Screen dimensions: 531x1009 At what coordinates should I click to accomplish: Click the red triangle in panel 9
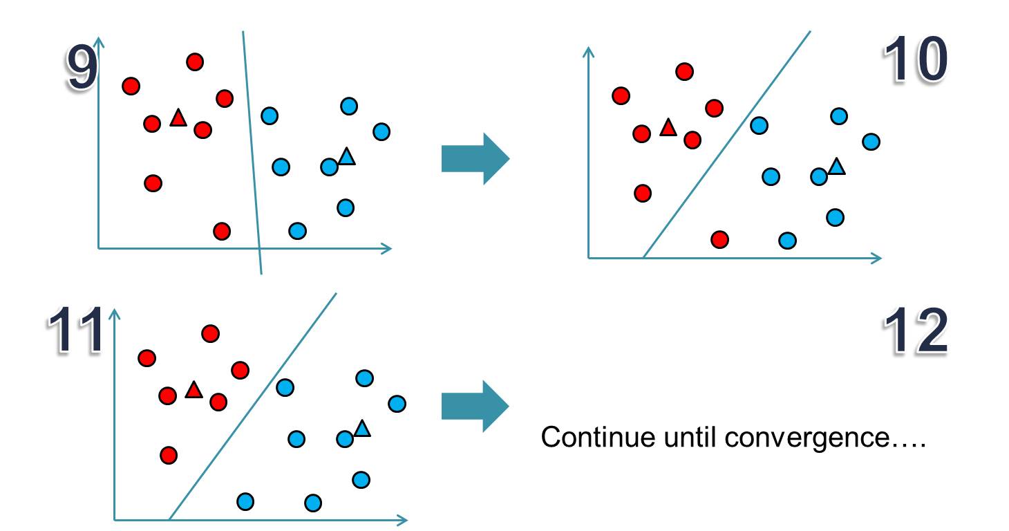click(178, 119)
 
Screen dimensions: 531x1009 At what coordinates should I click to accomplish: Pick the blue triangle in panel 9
click(347, 157)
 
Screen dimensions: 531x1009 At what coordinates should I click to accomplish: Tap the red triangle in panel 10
click(668, 128)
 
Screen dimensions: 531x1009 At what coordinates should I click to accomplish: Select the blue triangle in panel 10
click(836, 167)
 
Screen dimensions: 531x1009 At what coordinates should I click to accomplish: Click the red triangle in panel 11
click(193, 391)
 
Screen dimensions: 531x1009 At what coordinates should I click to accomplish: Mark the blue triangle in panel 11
click(362, 429)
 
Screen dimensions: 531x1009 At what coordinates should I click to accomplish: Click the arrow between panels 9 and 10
click(474, 159)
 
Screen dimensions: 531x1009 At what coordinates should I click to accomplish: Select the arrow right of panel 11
click(474, 406)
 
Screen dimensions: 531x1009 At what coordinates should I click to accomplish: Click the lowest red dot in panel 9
click(221, 230)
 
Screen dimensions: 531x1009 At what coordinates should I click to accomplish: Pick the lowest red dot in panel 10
click(720, 239)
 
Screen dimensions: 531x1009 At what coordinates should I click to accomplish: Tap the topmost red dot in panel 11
click(210, 334)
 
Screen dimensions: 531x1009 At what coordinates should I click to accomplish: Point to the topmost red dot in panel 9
click(195, 62)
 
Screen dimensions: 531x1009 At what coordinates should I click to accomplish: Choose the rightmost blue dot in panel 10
click(871, 141)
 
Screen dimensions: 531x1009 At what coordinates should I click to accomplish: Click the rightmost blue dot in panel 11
click(397, 403)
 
